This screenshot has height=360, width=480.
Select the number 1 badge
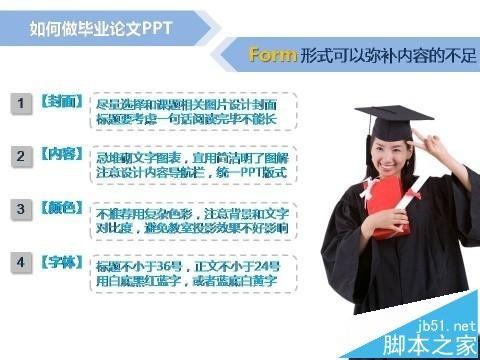pos(21,104)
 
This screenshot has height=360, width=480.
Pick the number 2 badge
pos(21,157)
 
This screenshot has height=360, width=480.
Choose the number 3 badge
pos(21,210)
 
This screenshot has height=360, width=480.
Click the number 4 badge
pos(21,263)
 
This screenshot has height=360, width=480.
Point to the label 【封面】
pos(61,103)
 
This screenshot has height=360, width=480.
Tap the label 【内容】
pos(61,156)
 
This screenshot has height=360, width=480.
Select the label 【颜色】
pos(61,209)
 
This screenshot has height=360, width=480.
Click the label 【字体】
pos(61,262)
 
